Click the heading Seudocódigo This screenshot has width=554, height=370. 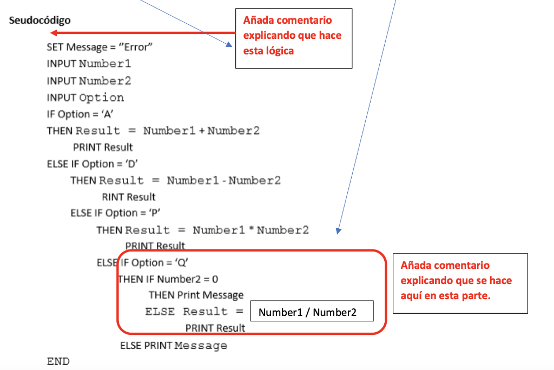[x=39, y=21]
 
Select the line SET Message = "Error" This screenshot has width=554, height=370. [x=100, y=47]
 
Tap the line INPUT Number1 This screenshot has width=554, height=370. [x=89, y=64]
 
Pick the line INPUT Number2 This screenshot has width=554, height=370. [x=89, y=81]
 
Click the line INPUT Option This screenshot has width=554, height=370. [x=85, y=98]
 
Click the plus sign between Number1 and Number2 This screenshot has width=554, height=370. [x=201, y=131]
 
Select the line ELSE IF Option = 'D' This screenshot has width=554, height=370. [x=88, y=164]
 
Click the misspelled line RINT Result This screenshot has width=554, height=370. [x=129, y=197]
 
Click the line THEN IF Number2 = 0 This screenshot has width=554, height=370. [x=168, y=279]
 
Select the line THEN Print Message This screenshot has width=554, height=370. [x=196, y=295]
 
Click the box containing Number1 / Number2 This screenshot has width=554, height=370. [x=311, y=312]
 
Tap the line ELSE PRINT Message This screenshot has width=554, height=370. [x=173, y=346]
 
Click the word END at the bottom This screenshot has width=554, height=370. [x=58, y=361]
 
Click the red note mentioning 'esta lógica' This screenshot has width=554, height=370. [x=294, y=36]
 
